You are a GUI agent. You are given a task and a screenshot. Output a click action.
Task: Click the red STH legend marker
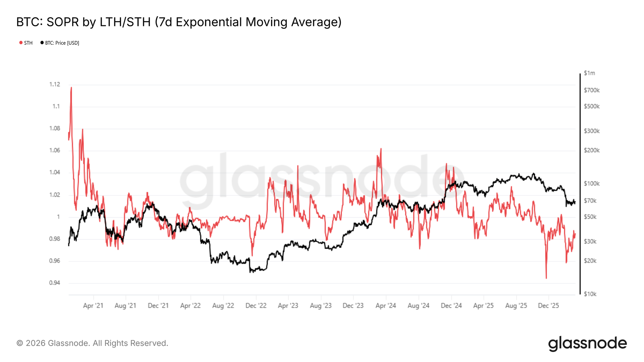click(21, 43)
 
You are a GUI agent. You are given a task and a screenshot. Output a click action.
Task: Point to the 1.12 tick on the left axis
click(54, 84)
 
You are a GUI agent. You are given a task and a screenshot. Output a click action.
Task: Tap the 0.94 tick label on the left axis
click(54, 283)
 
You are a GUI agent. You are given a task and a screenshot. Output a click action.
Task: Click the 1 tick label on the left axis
click(58, 217)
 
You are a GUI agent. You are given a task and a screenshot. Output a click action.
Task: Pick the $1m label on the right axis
click(589, 73)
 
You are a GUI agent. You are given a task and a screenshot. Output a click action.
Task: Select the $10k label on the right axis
click(590, 294)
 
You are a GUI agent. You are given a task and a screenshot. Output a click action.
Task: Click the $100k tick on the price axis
click(592, 184)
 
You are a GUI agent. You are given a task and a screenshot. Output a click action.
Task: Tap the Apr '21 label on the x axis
click(93, 306)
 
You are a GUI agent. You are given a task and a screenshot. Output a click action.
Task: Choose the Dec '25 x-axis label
click(548, 306)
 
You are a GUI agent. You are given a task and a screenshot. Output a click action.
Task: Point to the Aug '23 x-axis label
click(321, 306)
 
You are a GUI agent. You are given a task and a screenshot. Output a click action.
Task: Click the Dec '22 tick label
click(256, 306)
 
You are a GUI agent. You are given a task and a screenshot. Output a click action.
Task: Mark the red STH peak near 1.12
click(71, 87)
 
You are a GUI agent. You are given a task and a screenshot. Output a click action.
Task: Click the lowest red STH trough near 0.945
click(546, 278)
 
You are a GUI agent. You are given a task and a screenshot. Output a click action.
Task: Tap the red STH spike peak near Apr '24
click(381, 149)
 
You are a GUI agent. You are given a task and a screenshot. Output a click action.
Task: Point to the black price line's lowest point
click(250, 272)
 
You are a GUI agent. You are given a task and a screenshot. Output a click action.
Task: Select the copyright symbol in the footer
click(20, 343)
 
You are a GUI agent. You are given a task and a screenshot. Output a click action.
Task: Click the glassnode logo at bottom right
click(587, 343)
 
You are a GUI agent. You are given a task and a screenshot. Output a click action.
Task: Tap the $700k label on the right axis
click(592, 90)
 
